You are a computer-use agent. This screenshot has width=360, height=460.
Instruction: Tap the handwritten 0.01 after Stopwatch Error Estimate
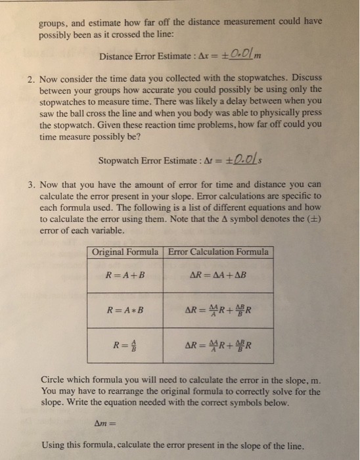pyautogui.click(x=219, y=159)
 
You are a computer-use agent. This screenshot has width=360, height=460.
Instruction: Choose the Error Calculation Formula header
pyautogui.click(x=218, y=252)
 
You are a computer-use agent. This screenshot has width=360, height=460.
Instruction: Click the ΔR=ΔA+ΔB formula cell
pyautogui.click(x=218, y=275)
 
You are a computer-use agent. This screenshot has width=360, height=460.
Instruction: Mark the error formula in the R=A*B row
pyautogui.click(x=218, y=310)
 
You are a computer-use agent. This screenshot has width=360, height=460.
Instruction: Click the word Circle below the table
pyautogui.click(x=53, y=379)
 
